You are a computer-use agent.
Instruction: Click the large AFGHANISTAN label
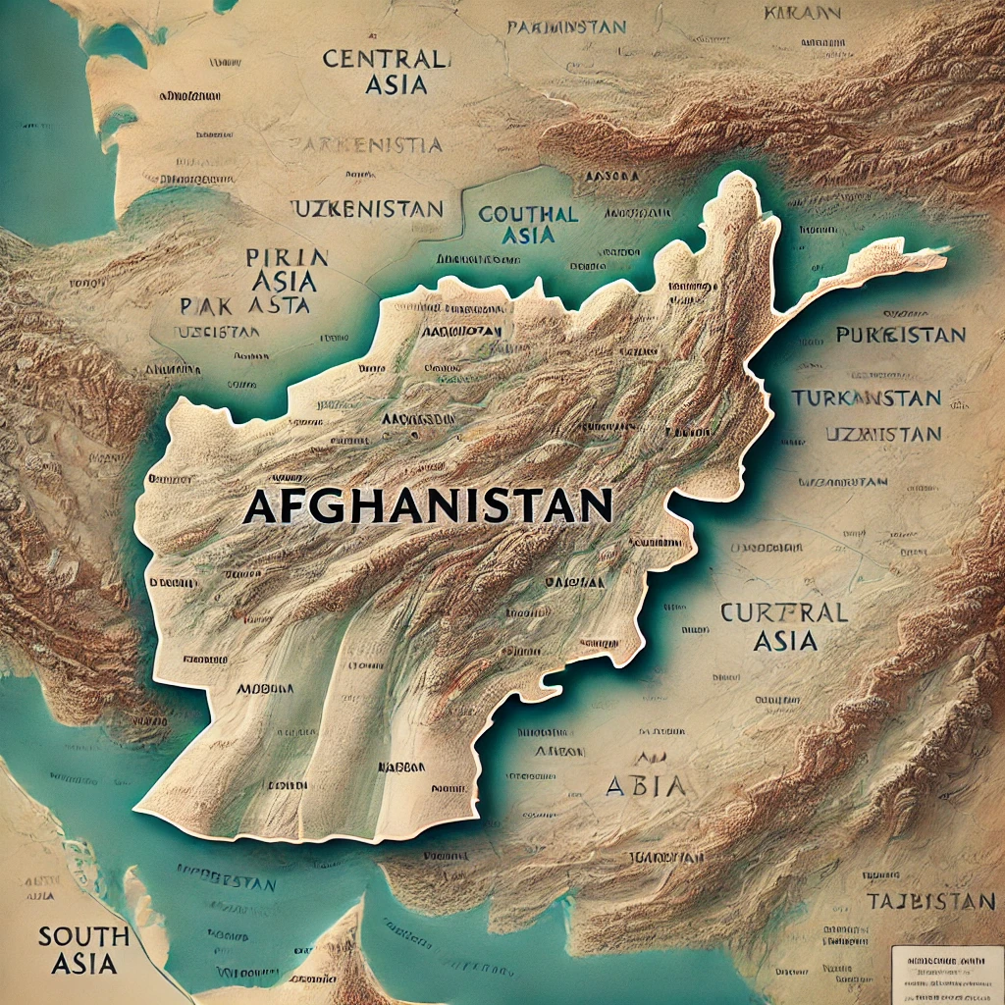point(427,506)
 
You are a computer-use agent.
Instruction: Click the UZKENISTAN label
point(367,209)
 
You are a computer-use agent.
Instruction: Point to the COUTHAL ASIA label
point(527,225)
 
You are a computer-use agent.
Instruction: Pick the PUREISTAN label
point(900,336)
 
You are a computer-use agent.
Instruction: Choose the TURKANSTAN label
point(866,398)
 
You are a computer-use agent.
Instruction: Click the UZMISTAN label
point(882,434)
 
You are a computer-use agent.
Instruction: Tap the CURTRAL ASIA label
point(784,626)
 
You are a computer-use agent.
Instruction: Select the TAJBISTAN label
point(931,901)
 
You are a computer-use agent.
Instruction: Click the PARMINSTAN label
point(565,27)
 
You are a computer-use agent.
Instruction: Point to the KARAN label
point(801,14)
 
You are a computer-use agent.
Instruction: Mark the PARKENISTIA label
point(365,146)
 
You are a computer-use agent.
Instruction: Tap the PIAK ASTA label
point(245,304)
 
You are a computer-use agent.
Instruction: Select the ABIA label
point(646,785)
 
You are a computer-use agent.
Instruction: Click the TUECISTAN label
point(216,332)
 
